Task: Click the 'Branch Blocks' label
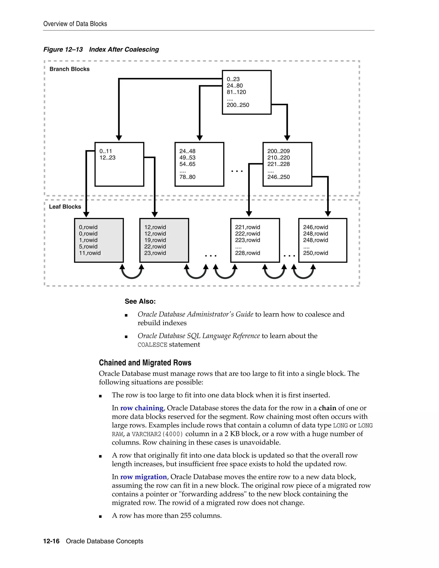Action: click(69, 69)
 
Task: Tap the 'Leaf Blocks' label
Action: click(65, 207)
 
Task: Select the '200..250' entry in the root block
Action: click(238, 105)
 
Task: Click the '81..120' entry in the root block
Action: click(236, 92)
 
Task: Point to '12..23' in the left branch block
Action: click(107, 158)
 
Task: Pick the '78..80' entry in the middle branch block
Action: click(187, 177)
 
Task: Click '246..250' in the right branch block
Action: click(278, 177)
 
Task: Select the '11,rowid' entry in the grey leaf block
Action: click(90, 253)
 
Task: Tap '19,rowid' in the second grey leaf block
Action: click(155, 240)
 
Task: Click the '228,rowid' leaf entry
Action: click(247, 253)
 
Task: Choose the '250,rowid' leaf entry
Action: click(316, 253)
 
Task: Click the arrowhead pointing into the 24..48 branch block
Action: click(200, 138)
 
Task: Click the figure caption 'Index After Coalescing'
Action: click(124, 50)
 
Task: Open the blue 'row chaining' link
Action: click(142, 408)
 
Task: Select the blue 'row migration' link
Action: click(143, 477)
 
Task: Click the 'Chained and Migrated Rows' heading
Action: click(145, 363)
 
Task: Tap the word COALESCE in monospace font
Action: click(152, 345)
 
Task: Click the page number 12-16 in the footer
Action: click(51, 541)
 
